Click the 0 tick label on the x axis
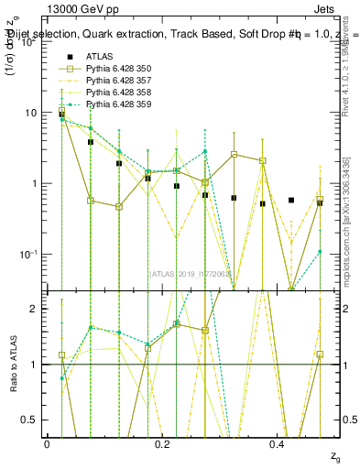[x=48, y=444]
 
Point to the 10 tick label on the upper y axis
[x=30, y=113]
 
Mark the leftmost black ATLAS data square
[x=61, y=114]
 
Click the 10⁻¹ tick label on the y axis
[x=30, y=254]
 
